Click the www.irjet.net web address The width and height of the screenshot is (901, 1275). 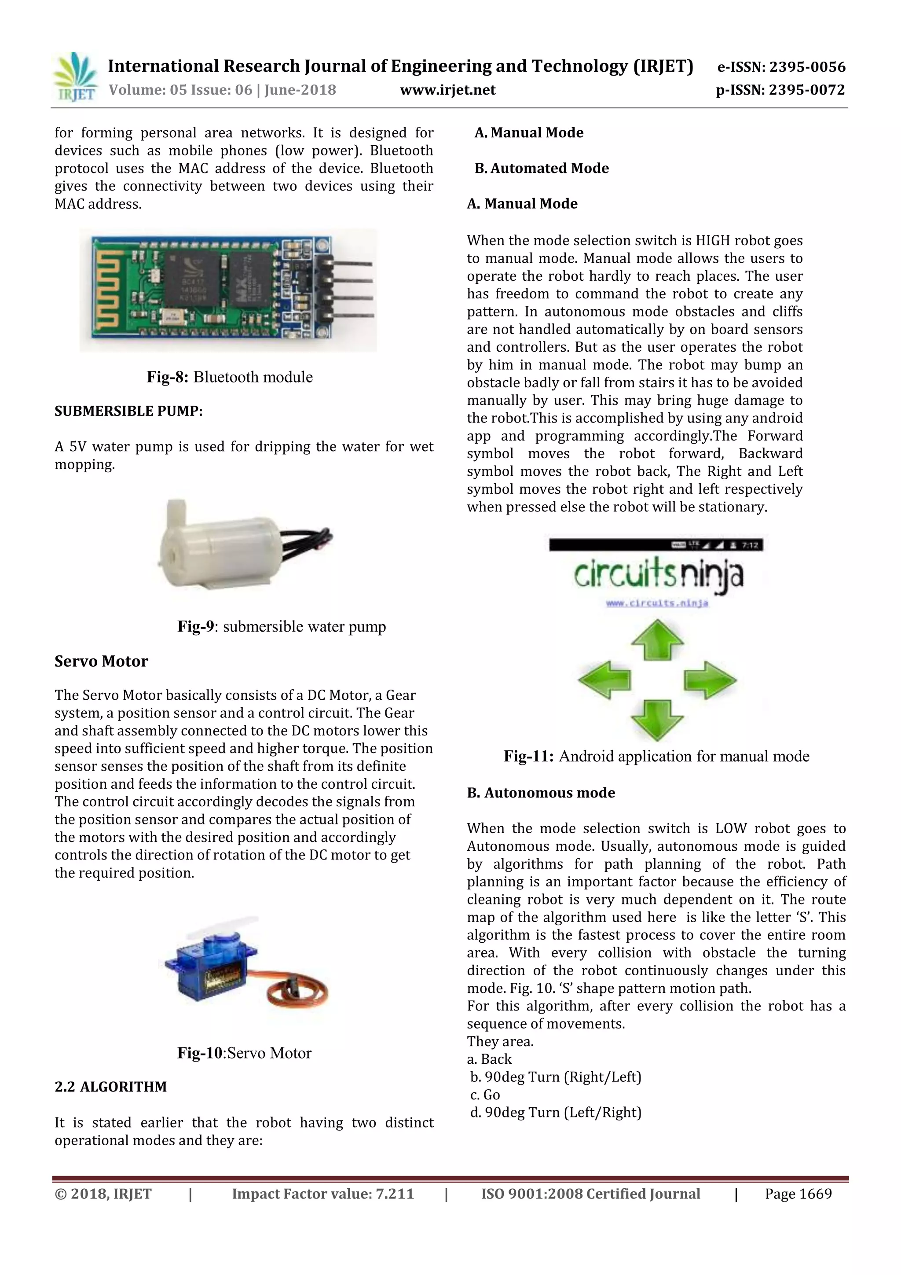tap(447, 90)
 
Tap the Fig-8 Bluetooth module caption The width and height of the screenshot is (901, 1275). tap(229, 377)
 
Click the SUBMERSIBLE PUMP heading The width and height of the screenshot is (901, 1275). tap(128, 411)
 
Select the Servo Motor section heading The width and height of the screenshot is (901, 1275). tap(101, 661)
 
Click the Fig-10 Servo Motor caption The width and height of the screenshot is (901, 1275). tap(244, 1053)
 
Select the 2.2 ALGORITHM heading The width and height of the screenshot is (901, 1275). tap(110, 1087)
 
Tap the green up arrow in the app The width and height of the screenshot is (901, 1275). tap(657, 641)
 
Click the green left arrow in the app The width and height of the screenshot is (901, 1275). tap(605, 679)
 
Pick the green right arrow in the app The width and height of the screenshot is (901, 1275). tap(710, 679)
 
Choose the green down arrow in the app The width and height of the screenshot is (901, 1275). tap(657, 719)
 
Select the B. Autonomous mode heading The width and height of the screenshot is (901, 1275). tap(541, 793)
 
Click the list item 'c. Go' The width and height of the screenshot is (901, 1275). tap(485, 1095)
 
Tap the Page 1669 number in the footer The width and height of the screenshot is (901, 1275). tap(798, 1194)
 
